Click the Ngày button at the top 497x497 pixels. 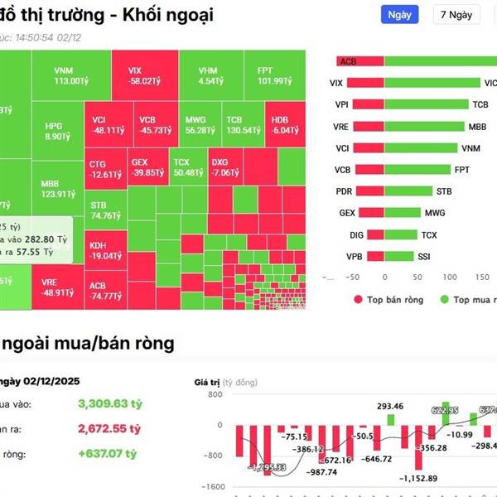[x=399, y=15]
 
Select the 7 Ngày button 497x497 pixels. [x=456, y=15]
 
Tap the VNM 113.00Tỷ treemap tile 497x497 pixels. [x=70, y=75]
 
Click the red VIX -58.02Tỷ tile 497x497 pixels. [x=142, y=75]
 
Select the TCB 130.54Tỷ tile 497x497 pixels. [x=242, y=124]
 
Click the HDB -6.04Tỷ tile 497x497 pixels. [x=285, y=124]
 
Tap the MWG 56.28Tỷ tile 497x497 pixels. [x=200, y=124]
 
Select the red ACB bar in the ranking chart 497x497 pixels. [x=359, y=61]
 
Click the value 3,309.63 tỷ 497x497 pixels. [x=109, y=404]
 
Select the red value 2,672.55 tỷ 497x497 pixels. [x=109, y=431]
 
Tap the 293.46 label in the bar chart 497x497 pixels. [x=389, y=406]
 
